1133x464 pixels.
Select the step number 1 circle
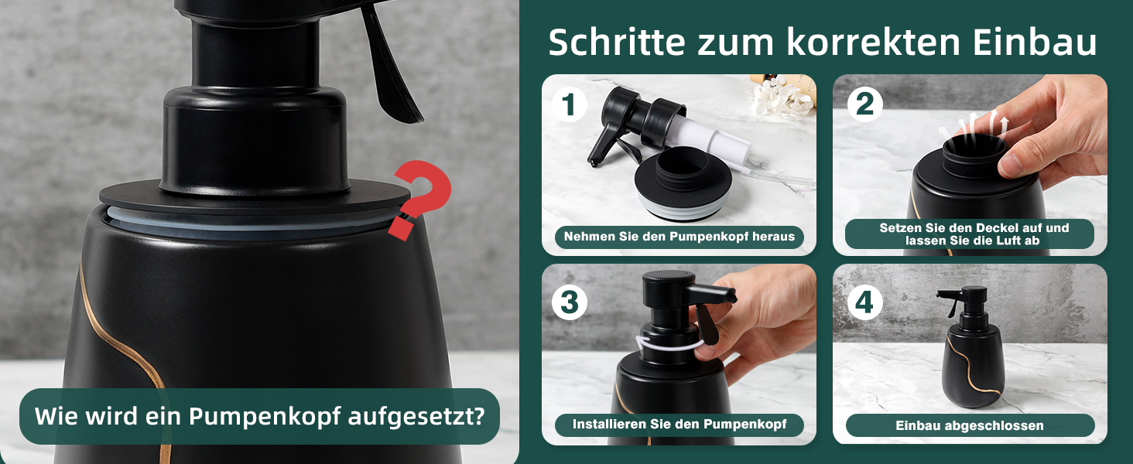570,104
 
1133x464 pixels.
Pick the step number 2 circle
865,104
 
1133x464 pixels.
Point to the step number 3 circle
570,302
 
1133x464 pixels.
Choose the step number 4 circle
865,302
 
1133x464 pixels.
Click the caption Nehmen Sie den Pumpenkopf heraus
679,237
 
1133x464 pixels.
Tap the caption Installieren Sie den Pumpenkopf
679,424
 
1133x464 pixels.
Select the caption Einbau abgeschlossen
970,425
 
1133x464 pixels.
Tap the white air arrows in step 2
974,124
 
